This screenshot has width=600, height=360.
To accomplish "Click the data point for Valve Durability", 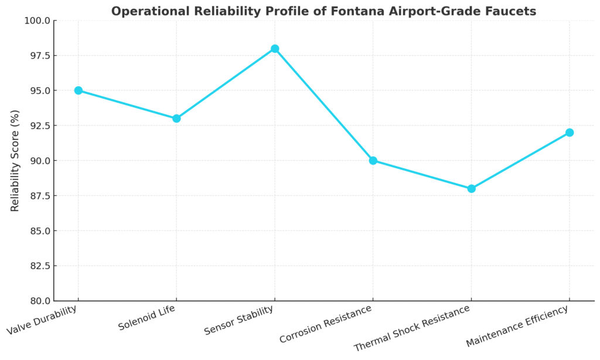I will (x=79, y=90).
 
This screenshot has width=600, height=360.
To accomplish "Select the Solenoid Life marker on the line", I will (x=176, y=118).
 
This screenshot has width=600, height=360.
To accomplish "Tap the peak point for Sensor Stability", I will (x=275, y=49).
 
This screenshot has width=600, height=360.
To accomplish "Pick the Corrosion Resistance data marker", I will (x=373, y=161).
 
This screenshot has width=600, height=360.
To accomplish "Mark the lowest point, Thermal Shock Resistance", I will (x=471, y=189).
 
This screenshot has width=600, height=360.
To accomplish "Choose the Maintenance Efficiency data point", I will (x=569, y=133).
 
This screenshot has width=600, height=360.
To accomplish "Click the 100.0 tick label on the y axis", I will (x=37, y=21).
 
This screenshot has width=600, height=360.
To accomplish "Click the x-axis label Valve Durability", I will (x=42, y=320).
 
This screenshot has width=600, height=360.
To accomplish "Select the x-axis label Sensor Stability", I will (x=240, y=321).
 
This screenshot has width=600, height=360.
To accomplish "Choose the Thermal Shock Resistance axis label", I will (x=413, y=328).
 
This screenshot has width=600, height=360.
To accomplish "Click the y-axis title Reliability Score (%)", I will (x=15, y=161).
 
